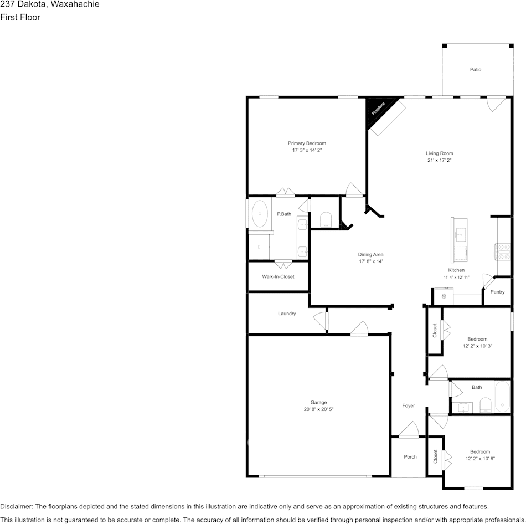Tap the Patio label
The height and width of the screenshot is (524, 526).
(x=476, y=69)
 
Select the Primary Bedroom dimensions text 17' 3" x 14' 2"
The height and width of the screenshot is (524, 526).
(x=307, y=150)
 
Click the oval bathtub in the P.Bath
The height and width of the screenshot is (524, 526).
(x=259, y=213)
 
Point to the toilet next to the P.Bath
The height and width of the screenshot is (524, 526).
(x=326, y=219)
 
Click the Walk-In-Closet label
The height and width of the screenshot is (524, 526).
(x=278, y=276)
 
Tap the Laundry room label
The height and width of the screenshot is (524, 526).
(x=287, y=314)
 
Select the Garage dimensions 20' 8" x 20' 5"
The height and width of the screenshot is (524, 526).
(x=319, y=409)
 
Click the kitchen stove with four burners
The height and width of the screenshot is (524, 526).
(x=503, y=252)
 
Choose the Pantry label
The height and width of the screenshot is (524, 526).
(x=498, y=292)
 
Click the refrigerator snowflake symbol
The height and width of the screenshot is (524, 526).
(x=444, y=296)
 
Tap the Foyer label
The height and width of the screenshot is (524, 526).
(x=409, y=406)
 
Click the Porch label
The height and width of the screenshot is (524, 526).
(x=410, y=457)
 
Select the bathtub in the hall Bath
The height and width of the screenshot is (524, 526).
(x=502, y=397)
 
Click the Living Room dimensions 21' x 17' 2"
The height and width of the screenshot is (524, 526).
(x=440, y=160)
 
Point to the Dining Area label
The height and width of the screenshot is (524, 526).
(x=370, y=254)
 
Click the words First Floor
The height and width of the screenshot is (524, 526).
(x=20, y=17)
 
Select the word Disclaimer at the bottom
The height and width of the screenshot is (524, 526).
(x=16, y=506)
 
